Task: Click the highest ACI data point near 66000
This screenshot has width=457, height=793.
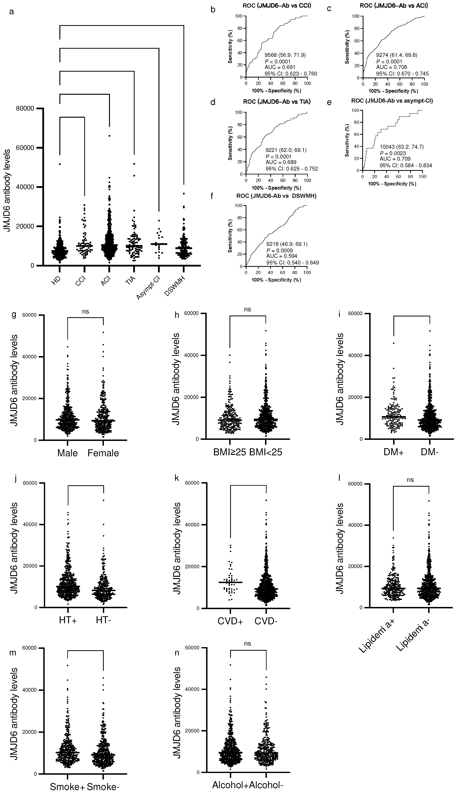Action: (109, 135)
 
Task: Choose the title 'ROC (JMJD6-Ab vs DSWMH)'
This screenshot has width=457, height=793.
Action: (276, 196)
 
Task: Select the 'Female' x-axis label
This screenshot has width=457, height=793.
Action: (103, 453)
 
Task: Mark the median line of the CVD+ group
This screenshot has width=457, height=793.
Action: (230, 582)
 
